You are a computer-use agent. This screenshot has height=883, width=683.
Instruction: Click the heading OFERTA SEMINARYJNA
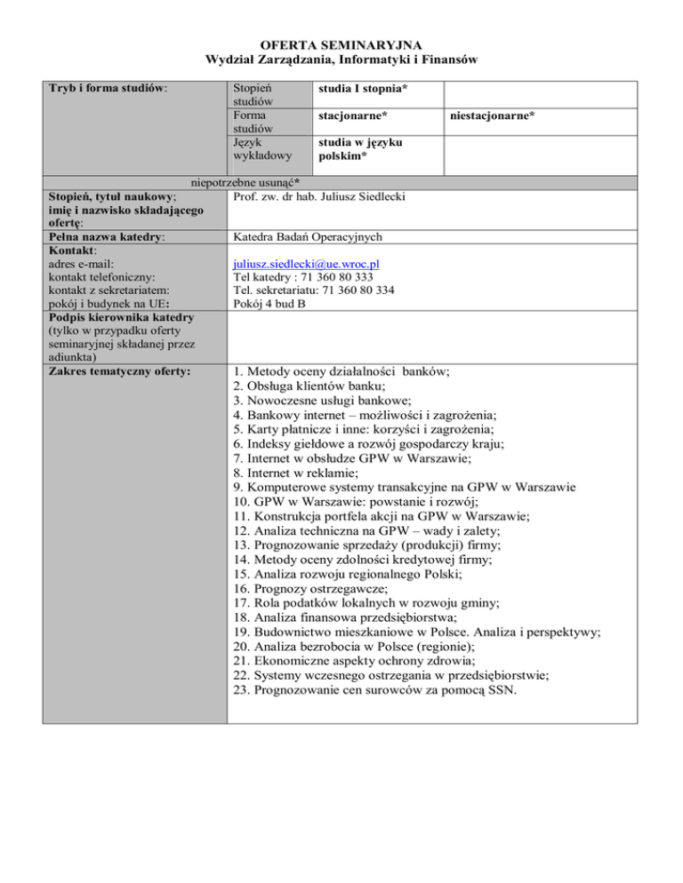(342, 43)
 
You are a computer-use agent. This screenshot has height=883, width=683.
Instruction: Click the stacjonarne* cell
(354, 115)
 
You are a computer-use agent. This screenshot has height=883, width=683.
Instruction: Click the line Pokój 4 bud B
(267, 305)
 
